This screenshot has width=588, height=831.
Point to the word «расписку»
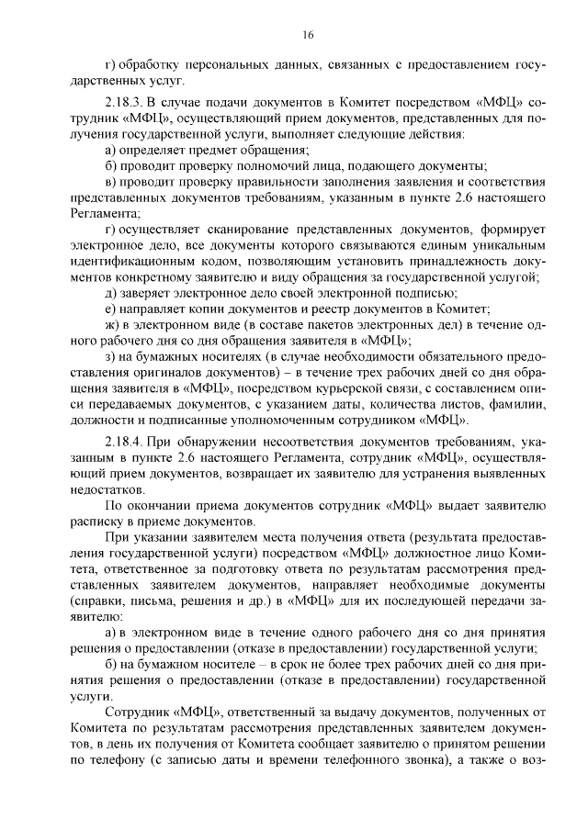(x=96, y=522)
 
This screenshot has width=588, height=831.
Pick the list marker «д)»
(x=111, y=293)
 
